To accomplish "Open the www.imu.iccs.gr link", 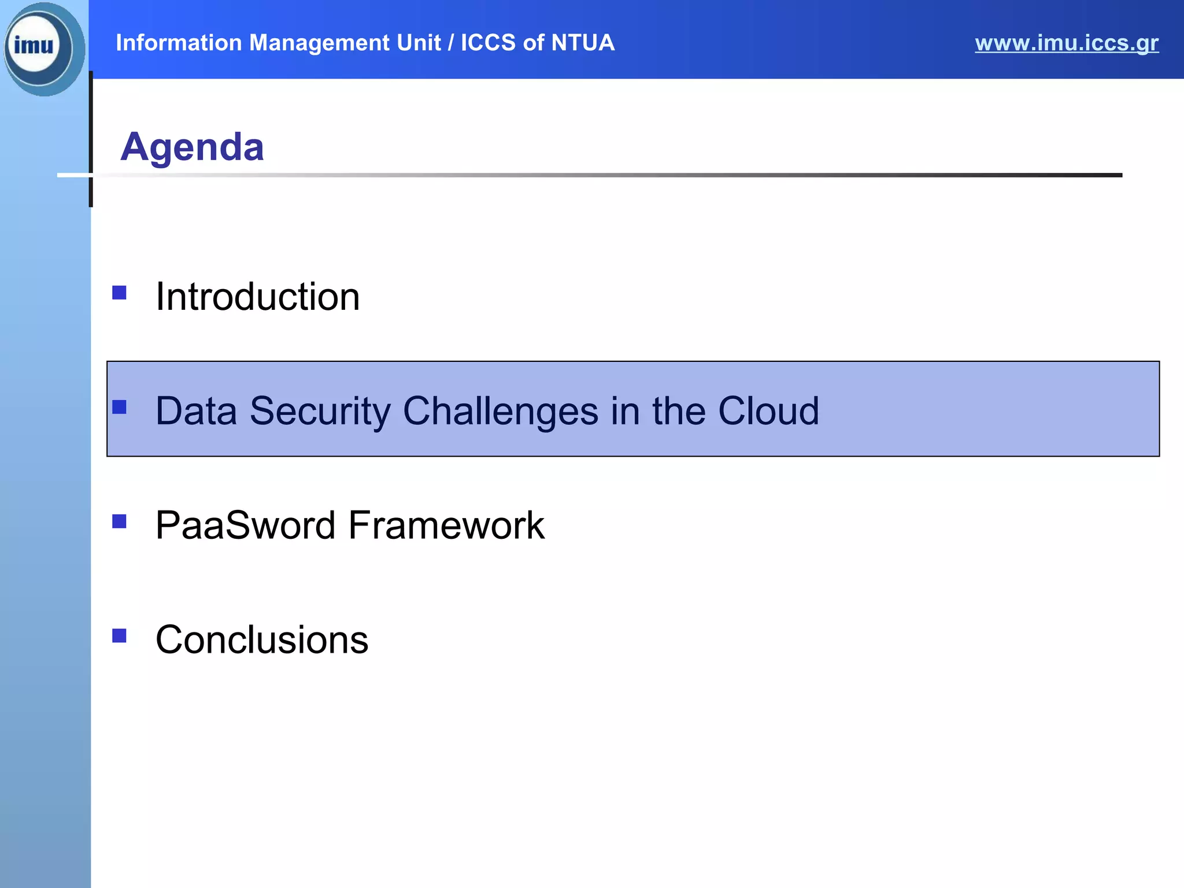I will (1066, 43).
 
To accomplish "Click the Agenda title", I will (192, 147).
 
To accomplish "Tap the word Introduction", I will (257, 297).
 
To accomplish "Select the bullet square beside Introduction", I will (119, 293).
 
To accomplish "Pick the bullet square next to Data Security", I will (119, 407).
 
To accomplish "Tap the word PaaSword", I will (245, 526).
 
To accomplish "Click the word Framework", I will (446, 526).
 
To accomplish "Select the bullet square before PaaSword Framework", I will (119, 521).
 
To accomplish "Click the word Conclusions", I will (261, 640).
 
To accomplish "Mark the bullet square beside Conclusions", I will (119, 636).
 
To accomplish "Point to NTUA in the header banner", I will (582, 43).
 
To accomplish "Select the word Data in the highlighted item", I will (196, 411).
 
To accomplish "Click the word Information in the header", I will (179, 43).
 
